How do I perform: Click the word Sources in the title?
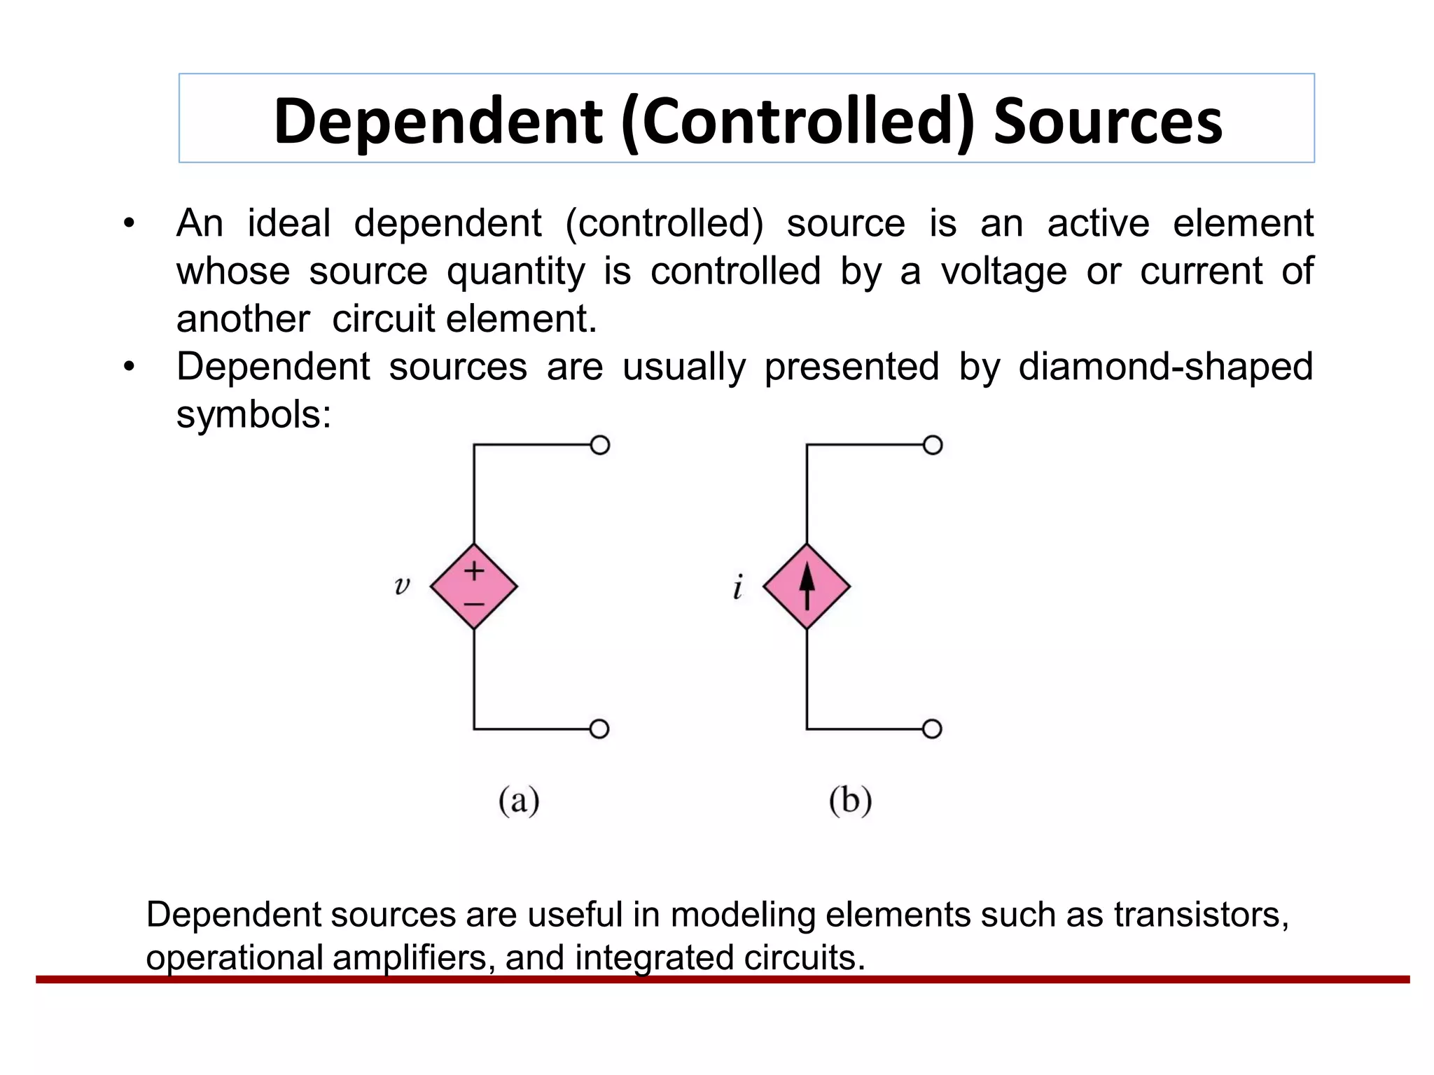(1108, 122)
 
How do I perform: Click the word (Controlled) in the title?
(798, 122)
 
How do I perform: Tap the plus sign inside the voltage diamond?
(474, 570)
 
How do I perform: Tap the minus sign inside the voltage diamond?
(474, 603)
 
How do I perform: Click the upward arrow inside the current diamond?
(807, 586)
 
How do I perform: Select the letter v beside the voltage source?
(401, 585)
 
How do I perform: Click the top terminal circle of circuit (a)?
(600, 445)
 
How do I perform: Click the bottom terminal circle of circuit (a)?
(599, 729)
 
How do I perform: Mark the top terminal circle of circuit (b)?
(933, 445)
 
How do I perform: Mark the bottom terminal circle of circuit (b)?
(932, 729)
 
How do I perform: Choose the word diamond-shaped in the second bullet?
(1165, 367)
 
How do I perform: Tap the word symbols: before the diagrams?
(253, 415)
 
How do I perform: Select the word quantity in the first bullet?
(515, 272)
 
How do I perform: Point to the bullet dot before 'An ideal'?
(129, 224)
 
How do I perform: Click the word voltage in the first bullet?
(1003, 272)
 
